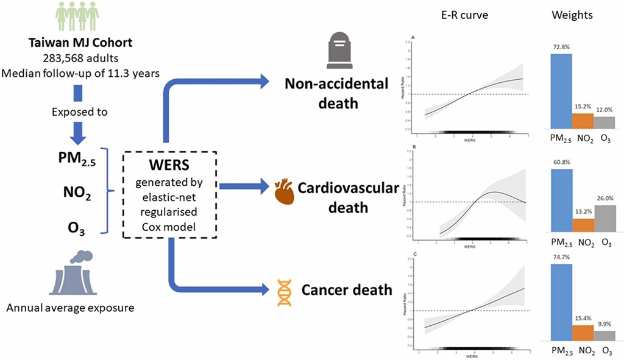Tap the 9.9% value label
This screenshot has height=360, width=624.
pyautogui.click(x=604, y=323)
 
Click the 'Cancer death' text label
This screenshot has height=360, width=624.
pyautogui.click(x=346, y=289)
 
